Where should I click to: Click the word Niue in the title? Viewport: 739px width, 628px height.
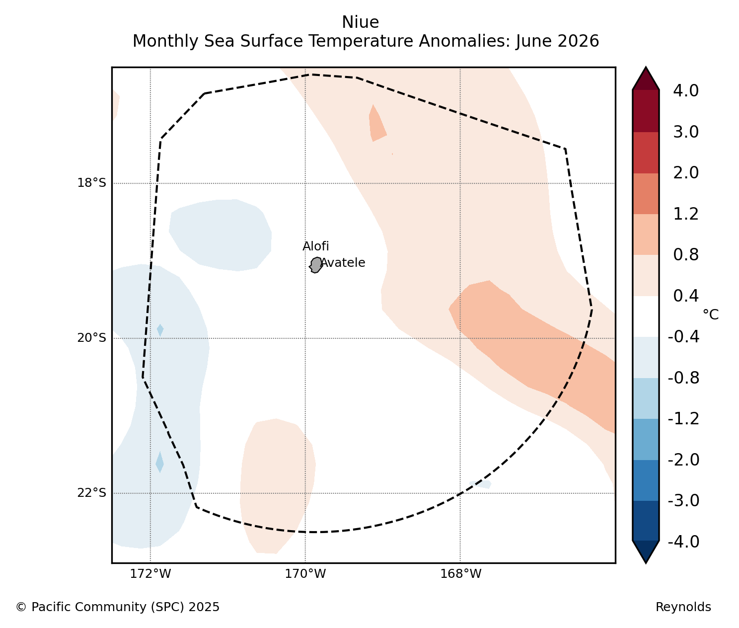360,22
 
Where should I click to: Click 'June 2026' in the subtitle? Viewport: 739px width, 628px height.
557,41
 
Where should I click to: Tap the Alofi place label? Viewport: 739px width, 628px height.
316,246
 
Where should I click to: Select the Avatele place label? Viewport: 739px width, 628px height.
343,263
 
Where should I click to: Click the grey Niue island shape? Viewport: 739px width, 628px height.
316,265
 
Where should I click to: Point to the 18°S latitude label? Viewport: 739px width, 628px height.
91,183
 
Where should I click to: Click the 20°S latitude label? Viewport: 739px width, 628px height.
91,338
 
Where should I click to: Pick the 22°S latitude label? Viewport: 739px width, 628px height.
91,493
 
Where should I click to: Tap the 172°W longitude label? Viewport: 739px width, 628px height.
150,574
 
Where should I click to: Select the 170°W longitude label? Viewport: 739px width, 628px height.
305,574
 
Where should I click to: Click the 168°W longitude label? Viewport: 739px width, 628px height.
460,574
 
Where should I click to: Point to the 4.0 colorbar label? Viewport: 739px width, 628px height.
686,91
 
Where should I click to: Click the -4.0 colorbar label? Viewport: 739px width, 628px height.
683,542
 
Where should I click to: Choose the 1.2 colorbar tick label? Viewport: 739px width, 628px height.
686,214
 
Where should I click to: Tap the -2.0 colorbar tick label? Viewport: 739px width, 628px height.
683,460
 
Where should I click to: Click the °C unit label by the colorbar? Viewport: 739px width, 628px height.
711,314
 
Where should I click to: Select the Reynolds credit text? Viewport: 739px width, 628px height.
683,607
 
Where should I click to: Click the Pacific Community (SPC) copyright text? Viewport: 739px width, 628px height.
117,607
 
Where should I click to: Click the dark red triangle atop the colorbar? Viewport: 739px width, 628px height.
646,78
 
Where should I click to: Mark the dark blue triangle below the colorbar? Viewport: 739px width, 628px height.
646,551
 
